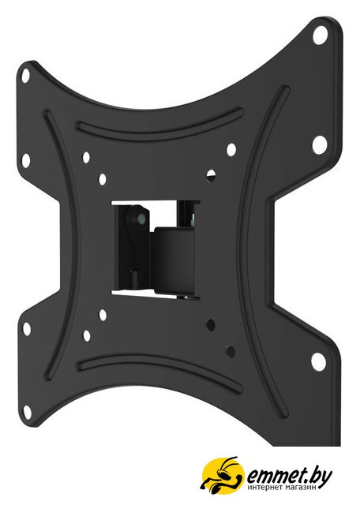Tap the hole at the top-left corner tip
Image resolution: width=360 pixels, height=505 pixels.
[x=26, y=76]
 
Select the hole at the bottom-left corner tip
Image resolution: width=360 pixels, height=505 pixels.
[x=27, y=411]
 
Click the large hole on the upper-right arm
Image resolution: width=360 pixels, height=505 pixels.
[x=319, y=145]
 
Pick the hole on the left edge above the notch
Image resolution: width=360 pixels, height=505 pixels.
[x=26, y=160]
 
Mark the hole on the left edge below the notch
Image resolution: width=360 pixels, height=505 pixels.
[x=27, y=328]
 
